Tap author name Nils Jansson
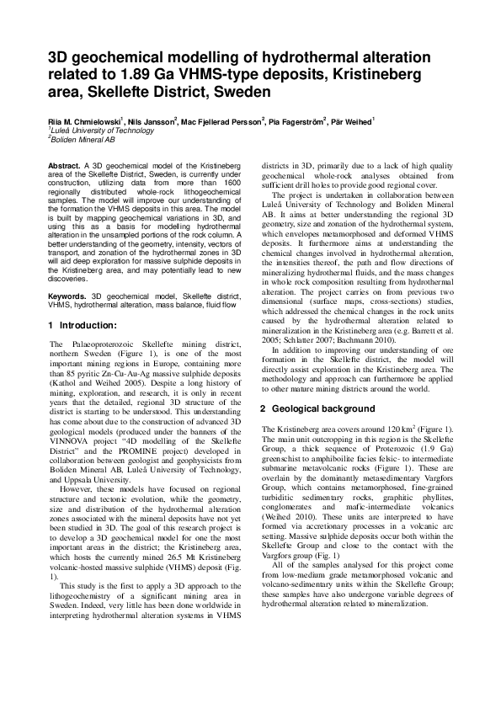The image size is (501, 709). point(152,122)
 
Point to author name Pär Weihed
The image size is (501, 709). point(354,122)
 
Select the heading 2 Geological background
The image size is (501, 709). point(317,408)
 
